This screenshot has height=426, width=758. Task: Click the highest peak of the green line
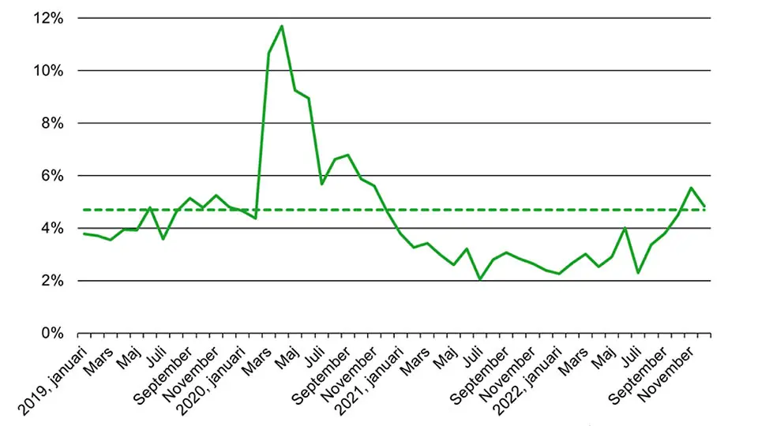tap(282, 26)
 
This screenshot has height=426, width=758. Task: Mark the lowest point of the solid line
tap(479, 279)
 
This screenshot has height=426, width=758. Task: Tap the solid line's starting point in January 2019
tap(84, 234)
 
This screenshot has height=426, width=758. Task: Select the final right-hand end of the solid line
tap(704, 207)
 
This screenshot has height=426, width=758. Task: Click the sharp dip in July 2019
tap(163, 239)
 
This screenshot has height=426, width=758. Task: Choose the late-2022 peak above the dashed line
tap(691, 188)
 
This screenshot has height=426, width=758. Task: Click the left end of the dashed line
tap(84, 210)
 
